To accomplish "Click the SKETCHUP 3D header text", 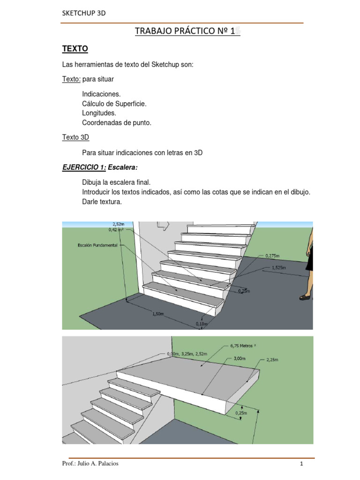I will [x=84, y=13].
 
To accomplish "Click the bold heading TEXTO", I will [x=75, y=49].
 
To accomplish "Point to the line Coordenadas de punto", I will [x=117, y=123].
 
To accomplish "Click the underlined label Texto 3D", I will [x=75, y=137].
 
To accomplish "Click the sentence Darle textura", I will [x=102, y=202].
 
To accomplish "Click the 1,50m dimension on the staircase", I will [x=157, y=315].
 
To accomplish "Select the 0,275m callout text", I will [x=272, y=256].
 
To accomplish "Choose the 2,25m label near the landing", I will [x=271, y=360].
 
